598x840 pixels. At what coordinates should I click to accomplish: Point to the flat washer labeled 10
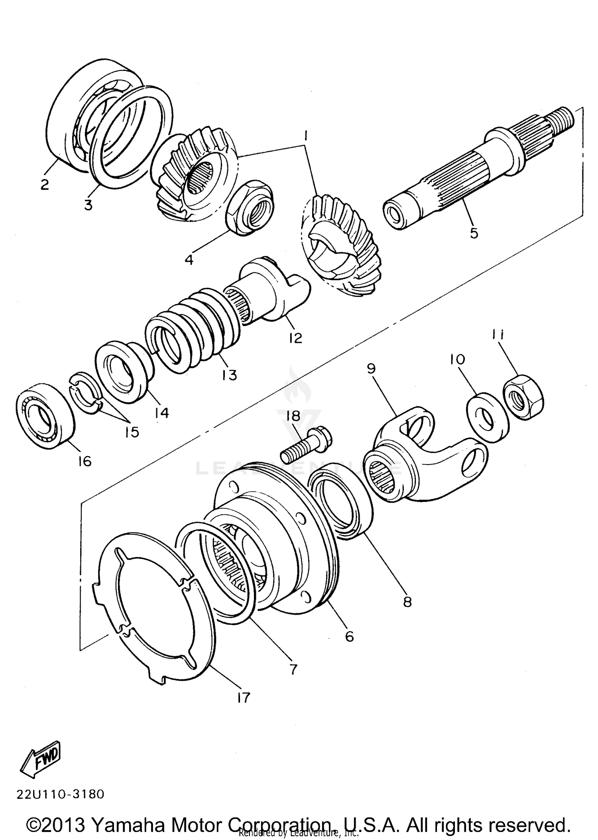coord(488,417)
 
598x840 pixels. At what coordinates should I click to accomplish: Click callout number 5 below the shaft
coord(474,233)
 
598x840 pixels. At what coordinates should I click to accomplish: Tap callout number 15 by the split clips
coord(132,432)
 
